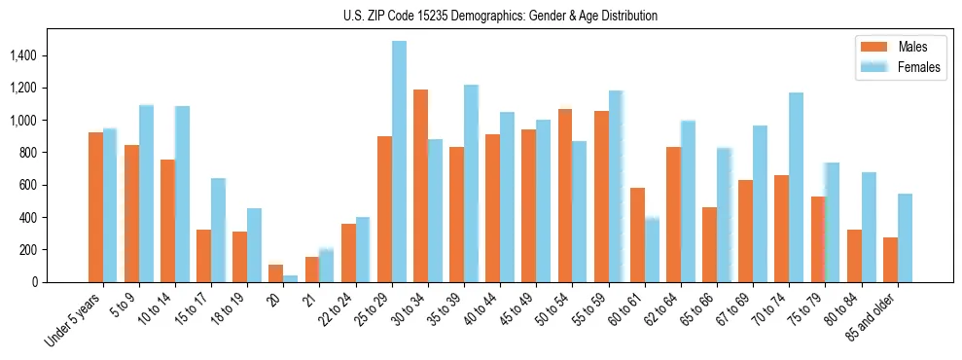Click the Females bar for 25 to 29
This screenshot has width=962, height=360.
point(399,162)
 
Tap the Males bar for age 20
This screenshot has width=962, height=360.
point(276,273)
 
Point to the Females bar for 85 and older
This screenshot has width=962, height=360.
point(905,238)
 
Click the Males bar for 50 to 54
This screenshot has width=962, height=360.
point(565,196)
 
